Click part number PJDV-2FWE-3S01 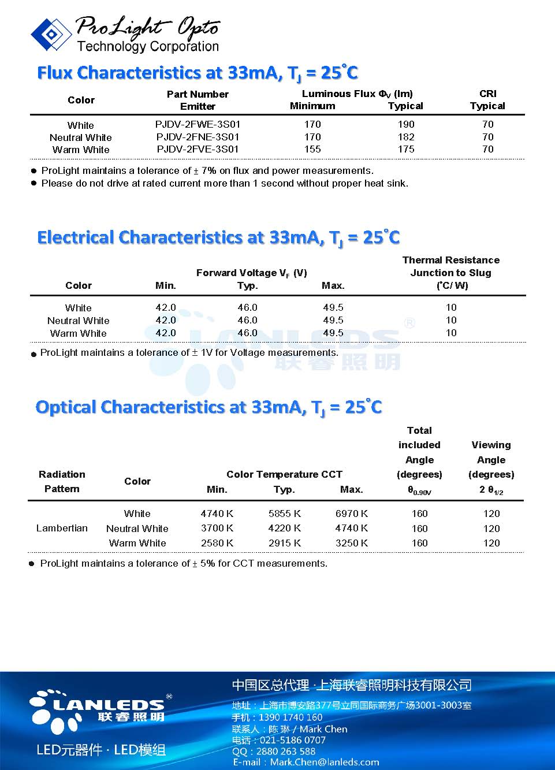(198, 124)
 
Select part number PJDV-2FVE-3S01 (198, 149)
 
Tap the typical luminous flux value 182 (406, 137)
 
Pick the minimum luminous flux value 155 (312, 149)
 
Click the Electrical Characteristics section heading (218, 237)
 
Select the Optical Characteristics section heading (208, 407)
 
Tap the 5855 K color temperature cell (284, 514)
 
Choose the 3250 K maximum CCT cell (351, 543)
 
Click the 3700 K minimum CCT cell (217, 528)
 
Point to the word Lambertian (62, 528)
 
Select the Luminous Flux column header (357, 94)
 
